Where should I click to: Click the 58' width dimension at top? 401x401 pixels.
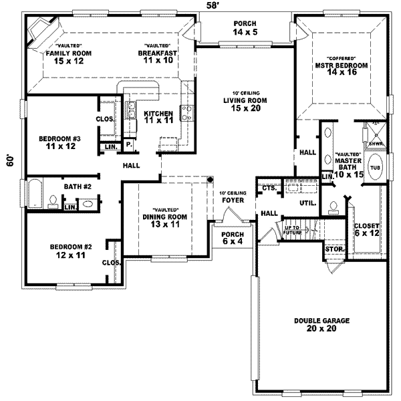(213, 6)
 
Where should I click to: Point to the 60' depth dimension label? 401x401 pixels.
(9, 162)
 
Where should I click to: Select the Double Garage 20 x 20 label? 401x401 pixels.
(321, 325)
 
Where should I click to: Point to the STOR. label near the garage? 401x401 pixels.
(333, 250)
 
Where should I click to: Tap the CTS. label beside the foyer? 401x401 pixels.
(269, 188)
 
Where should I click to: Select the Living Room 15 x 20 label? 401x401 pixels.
(245, 104)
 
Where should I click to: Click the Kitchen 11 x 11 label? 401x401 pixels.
(158, 118)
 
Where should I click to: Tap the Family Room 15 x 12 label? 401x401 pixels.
(68, 55)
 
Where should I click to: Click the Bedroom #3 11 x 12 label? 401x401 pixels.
(59, 142)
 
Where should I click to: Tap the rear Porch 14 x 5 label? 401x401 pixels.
(245, 27)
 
